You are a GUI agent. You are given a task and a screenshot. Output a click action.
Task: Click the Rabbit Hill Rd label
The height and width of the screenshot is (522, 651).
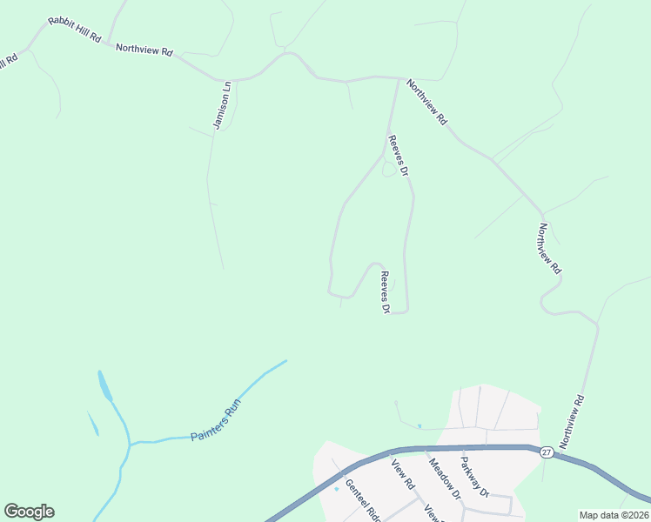click(x=76, y=29)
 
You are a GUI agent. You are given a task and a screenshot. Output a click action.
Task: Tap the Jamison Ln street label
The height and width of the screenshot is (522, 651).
click(x=223, y=106)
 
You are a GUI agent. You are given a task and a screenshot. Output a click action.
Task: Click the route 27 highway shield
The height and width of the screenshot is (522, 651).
click(x=546, y=452)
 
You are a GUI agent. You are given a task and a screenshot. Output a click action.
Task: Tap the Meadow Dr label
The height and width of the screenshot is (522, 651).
click(x=443, y=476)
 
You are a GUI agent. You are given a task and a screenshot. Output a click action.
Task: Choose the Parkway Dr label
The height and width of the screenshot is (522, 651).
click(x=477, y=477)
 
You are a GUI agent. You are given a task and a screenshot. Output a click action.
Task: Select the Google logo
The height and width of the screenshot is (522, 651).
click(x=29, y=512)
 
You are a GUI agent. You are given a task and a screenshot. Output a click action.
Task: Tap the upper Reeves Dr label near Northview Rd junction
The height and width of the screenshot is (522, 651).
click(x=399, y=156)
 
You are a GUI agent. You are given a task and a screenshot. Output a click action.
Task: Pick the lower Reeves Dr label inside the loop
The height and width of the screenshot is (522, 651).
click(x=384, y=291)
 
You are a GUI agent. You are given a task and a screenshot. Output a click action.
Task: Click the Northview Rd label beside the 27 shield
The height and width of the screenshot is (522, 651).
click(x=573, y=422)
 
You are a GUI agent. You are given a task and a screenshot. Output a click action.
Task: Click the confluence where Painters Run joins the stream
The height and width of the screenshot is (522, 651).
click(x=130, y=444)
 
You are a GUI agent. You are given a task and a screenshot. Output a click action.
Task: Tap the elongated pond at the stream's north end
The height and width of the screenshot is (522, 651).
click(x=104, y=385)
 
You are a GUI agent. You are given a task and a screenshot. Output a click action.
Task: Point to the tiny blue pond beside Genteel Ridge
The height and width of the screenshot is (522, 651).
click(x=337, y=488)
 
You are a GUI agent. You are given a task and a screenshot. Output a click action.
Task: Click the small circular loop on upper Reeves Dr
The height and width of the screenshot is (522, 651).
click(x=390, y=168)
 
